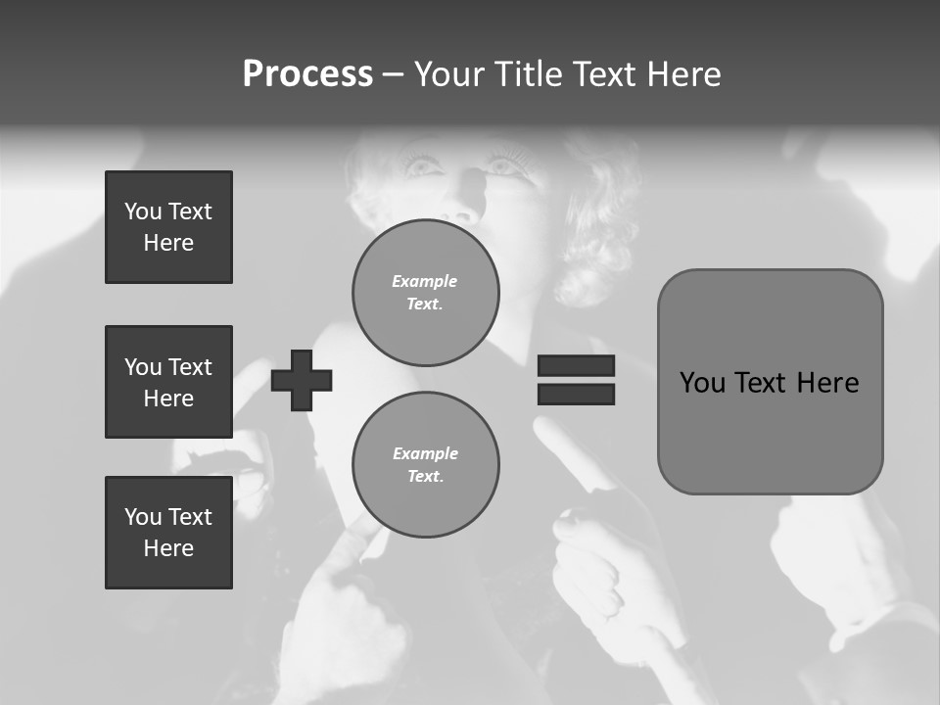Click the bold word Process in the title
307,74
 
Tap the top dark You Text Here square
168,227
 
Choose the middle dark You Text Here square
168,382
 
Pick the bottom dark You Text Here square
168,533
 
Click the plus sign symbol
302,380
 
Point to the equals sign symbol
576,380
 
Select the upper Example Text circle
426,292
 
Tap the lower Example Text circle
426,464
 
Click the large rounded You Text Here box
770,382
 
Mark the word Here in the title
683,74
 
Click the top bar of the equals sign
576,366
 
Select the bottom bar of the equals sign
576,394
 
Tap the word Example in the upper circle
425,281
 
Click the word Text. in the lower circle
426,476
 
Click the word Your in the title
446,74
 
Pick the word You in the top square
142,211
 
